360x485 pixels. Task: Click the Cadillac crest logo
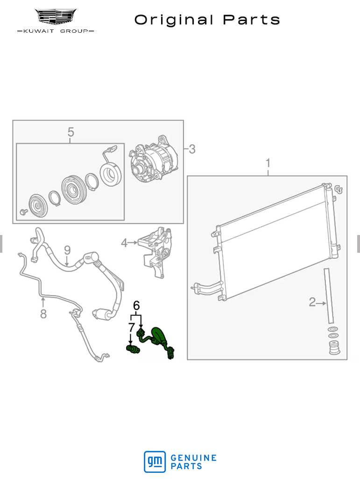56,16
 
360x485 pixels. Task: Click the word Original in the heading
174,20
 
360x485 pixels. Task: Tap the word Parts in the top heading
251,20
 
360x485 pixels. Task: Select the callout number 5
71,132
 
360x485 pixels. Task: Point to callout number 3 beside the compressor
192,149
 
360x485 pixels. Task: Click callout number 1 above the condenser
268,163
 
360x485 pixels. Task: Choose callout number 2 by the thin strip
312,302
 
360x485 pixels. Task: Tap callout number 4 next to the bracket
124,243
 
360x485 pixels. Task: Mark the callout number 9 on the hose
67,250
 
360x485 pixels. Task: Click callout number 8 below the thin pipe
43,314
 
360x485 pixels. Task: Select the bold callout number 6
136,306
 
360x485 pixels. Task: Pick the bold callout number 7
131,327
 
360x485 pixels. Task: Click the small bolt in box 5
23,212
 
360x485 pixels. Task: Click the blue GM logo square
155,462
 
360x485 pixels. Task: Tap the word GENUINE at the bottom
193,458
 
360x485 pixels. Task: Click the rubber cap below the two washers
334,348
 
